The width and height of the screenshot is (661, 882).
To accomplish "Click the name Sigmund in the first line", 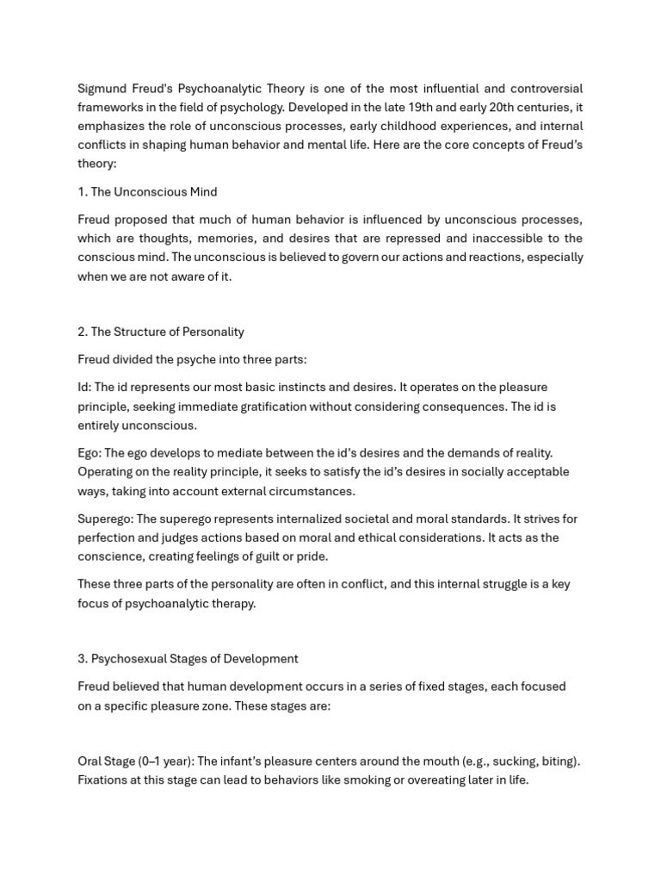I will [x=102, y=89].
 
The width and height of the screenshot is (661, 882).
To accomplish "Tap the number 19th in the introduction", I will [x=394, y=108].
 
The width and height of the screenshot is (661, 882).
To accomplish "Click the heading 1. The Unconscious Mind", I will [x=147, y=191].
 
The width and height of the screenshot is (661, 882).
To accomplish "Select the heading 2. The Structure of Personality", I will [x=161, y=332].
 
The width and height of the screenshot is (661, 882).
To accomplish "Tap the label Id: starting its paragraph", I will [x=84, y=388].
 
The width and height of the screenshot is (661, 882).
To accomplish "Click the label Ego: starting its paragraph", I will [x=90, y=453].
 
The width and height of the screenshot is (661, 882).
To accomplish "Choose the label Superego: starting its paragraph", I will [x=105, y=519].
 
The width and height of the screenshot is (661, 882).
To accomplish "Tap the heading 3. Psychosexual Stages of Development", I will [x=188, y=659].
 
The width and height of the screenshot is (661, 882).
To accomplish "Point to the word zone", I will [x=226, y=705].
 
